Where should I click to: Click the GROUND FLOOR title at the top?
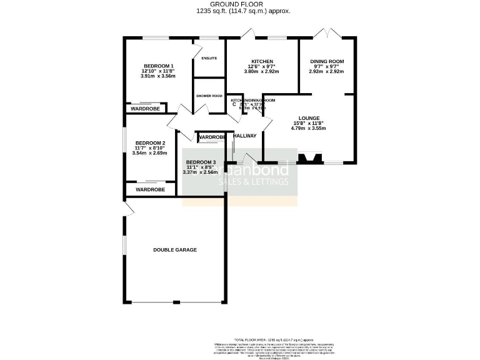[x=241, y=4]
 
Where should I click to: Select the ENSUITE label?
[x=209, y=58]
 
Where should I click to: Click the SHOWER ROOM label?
[x=209, y=96]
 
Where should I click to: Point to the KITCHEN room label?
[x=262, y=61]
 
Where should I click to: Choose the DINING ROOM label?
[x=327, y=61]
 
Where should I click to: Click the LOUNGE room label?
[x=309, y=118]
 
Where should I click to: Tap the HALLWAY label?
[x=244, y=136]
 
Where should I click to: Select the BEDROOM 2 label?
[x=150, y=142]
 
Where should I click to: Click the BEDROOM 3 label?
[x=200, y=162]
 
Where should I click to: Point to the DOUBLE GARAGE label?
[x=175, y=249]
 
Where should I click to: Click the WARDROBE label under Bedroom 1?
[x=145, y=109]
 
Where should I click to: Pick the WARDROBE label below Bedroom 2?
[x=150, y=189]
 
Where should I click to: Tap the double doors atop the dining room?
[x=329, y=32]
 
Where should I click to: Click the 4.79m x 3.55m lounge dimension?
[x=309, y=128]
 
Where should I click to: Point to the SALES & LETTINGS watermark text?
[x=257, y=182]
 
